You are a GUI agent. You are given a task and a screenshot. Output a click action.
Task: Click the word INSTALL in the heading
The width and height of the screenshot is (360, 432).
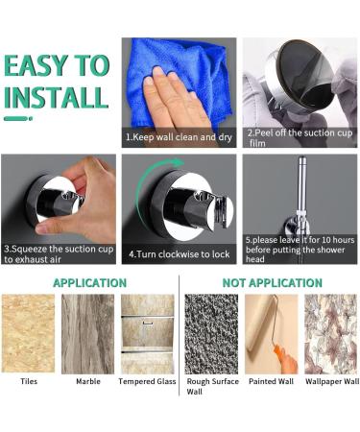pos(55,97)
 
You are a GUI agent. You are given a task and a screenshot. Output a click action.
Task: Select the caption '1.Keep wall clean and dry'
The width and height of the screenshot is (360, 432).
pos(179,137)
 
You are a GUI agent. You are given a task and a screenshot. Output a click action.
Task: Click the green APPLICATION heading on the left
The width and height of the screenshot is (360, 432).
pos(89,283)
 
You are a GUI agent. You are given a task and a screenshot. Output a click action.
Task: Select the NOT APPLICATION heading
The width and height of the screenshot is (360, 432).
pos(273,283)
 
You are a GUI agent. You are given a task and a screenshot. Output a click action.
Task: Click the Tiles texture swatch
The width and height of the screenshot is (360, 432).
pos(29,332)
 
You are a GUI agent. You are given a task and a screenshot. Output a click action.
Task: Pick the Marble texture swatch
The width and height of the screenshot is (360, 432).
pos(88,332)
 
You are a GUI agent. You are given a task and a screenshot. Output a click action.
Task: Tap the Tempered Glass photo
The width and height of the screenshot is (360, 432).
pos(147,332)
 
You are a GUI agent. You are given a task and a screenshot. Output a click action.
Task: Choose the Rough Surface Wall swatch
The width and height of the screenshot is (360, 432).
pos(211,332)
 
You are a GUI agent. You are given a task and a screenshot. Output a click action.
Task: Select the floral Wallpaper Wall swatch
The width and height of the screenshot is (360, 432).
pos(330,332)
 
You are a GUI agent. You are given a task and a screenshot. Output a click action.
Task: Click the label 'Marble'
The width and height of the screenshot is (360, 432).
pos(88,381)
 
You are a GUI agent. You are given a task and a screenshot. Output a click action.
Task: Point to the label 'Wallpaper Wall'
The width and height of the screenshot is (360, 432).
pos(331,381)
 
